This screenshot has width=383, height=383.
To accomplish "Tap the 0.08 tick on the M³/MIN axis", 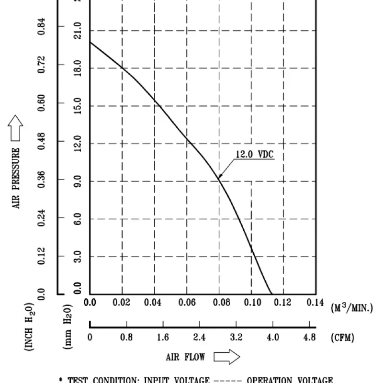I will [x=219, y=303].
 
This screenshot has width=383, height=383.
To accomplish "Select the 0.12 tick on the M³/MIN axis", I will [x=284, y=303].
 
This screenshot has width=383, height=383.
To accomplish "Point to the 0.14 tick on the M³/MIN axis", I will [x=315, y=303].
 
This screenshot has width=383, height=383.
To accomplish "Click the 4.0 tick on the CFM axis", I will [x=273, y=337].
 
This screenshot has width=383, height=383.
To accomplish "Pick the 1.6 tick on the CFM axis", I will [x=163, y=337].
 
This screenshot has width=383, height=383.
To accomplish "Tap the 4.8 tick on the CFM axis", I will [x=309, y=337].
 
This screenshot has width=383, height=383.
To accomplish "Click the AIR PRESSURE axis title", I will [x=17, y=178].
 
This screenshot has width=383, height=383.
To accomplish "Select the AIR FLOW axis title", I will [x=185, y=357].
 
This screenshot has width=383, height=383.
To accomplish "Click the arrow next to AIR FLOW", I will [x=226, y=357].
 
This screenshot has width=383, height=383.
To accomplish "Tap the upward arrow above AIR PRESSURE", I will [x=16, y=128].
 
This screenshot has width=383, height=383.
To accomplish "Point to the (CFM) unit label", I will [x=342, y=338].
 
